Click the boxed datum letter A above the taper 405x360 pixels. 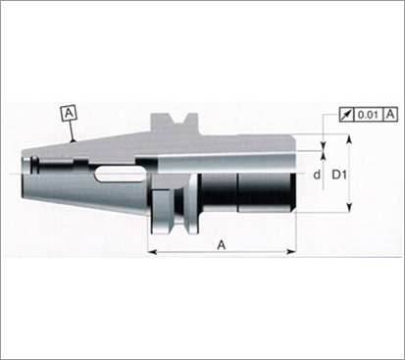tap(69, 114)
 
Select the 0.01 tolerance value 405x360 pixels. tap(368, 115)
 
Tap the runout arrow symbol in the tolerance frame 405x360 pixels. tap(346, 115)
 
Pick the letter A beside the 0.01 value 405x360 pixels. tap(390, 115)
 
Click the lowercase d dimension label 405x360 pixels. tap(317, 175)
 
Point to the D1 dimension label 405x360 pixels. tap(339, 175)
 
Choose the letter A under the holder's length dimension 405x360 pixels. tap(222, 244)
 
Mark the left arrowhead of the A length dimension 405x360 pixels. tap(153, 252)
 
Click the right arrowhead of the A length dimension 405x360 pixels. tap(291, 252)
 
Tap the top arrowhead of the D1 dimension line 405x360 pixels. tap(349, 139)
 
